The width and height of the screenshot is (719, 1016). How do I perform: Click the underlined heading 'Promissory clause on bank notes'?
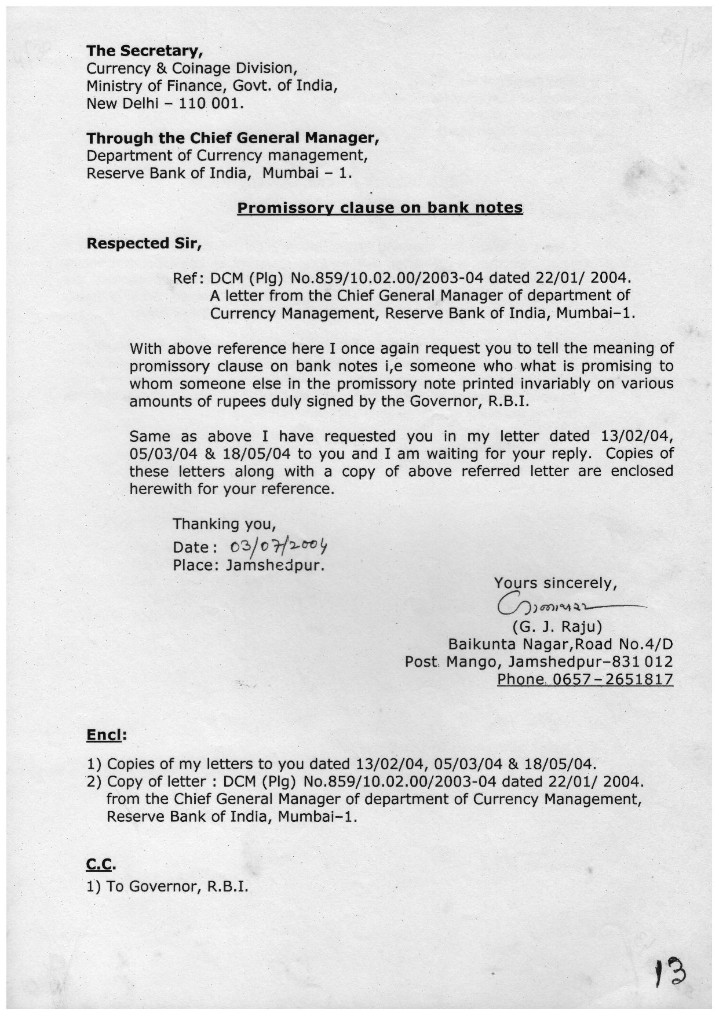(380, 208)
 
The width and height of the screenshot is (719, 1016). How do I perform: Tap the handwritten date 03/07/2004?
(279, 546)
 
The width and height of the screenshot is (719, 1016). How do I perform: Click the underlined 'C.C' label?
(100, 865)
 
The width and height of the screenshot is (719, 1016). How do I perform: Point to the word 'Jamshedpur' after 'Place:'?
(275, 565)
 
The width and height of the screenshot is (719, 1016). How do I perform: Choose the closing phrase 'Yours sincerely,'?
(555, 583)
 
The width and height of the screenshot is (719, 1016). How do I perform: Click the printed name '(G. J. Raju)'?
(557, 627)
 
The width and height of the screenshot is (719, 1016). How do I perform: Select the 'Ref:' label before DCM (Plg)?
(188, 279)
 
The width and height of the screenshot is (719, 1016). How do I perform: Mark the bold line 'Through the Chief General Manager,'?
(233, 138)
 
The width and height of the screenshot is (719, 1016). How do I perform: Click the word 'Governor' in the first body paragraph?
(444, 401)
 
